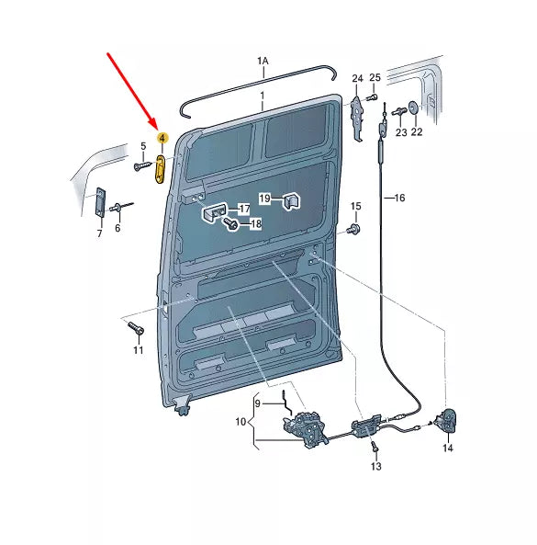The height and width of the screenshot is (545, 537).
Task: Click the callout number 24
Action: coord(357,78)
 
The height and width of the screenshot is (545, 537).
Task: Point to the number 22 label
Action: coord(417,132)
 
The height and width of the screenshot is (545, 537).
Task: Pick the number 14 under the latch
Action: coord(447,448)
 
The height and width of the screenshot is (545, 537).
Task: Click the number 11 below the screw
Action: coord(138,350)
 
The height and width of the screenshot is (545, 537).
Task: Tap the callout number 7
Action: coord(99,235)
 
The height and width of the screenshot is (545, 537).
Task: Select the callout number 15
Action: coord(356,206)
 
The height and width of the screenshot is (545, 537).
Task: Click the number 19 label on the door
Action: coord(264,199)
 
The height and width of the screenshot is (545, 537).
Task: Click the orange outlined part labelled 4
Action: coord(161,169)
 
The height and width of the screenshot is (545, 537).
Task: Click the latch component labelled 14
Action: coord(448,420)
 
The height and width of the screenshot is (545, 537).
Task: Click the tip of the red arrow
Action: coord(157,128)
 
